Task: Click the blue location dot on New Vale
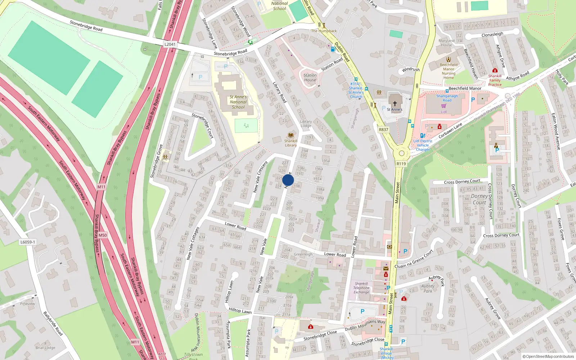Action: (288, 180)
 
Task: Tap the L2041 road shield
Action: (170, 44)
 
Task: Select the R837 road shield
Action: (383, 130)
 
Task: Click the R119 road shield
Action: (401, 164)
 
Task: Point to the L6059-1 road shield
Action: (28, 242)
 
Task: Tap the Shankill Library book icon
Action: (291, 135)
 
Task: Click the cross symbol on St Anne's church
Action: (395, 103)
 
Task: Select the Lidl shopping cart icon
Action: (444, 106)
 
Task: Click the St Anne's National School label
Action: (238, 102)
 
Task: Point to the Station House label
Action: (310, 78)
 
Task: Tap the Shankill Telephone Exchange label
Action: (361, 288)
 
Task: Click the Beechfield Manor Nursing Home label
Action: (449, 71)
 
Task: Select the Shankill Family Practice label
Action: (495, 80)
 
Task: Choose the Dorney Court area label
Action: (480, 199)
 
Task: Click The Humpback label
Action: (324, 31)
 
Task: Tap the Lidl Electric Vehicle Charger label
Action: (423, 145)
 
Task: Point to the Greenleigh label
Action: (303, 254)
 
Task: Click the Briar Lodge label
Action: (45, 348)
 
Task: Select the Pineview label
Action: (28, 304)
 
